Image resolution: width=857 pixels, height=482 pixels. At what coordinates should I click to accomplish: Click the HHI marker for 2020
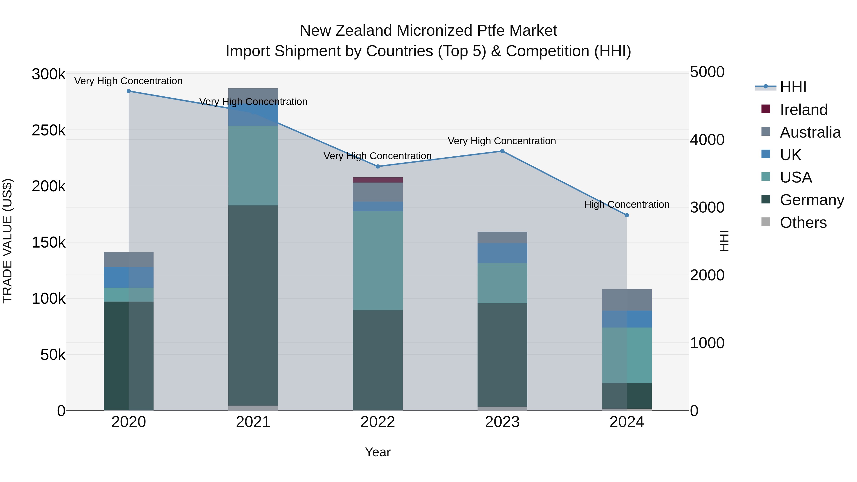coord(129,91)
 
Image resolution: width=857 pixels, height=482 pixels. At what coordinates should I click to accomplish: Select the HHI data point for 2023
coord(502,151)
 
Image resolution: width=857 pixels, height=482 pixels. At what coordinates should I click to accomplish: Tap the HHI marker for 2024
coord(627,215)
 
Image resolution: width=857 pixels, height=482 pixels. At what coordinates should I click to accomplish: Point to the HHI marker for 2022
coord(378,166)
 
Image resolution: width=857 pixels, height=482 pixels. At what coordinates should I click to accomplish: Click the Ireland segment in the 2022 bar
coord(378,180)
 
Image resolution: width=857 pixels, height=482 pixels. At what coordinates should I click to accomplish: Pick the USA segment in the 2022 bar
coord(378,260)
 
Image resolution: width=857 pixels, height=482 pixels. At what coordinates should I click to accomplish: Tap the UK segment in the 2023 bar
coord(502,253)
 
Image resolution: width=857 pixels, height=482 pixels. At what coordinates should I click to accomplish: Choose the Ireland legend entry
coord(803,110)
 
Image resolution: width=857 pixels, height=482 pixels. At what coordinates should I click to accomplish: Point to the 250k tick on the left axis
coord(49,130)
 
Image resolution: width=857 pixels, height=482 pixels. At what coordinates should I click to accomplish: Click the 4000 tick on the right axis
coord(707,140)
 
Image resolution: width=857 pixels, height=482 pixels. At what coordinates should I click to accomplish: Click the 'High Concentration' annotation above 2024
coord(627,204)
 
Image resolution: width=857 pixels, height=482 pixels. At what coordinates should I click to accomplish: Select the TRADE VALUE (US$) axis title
coord(7,241)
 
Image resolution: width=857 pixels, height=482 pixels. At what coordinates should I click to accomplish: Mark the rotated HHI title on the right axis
coord(724,241)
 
